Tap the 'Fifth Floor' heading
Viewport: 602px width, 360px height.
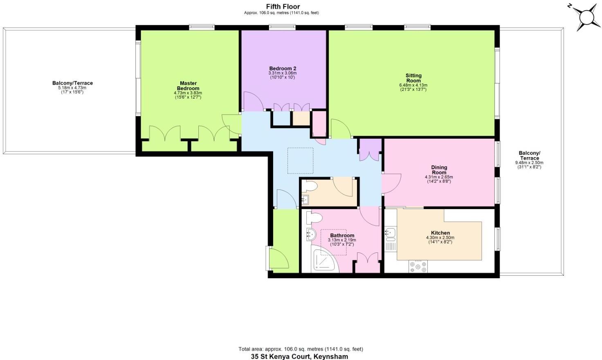click(283, 7)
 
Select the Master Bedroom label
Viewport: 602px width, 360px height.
click(188, 86)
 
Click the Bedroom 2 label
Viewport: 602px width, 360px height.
click(283, 68)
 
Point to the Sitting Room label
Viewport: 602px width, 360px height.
click(413, 78)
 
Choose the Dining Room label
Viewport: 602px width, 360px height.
click(439, 170)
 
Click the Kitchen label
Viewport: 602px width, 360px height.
click(440, 233)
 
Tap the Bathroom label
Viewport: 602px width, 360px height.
click(342, 236)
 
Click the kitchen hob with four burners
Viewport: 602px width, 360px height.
click(418, 267)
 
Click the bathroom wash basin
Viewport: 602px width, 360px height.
click(310, 234)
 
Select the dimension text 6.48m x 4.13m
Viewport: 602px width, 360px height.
click(413, 85)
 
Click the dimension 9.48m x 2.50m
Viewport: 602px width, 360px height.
click(529, 163)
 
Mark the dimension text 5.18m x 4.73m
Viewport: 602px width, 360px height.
click(72, 88)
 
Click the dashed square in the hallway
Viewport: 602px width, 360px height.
click(300, 160)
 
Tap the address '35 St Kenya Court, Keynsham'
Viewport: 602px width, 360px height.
click(299, 356)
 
